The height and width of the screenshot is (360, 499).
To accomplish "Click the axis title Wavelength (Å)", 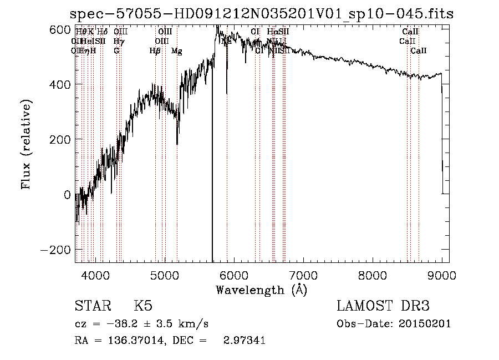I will tap(261, 290).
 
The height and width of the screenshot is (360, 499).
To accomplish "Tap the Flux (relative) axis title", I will tap(27, 144).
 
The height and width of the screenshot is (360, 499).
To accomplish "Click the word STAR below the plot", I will tap(92, 306).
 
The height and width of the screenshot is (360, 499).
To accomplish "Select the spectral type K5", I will tap(143, 306).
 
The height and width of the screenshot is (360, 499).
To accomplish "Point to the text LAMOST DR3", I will tap(383, 306).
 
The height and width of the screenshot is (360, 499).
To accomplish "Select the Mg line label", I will tap(176, 51).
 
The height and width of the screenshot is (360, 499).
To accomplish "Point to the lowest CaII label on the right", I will tap(419, 51).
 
